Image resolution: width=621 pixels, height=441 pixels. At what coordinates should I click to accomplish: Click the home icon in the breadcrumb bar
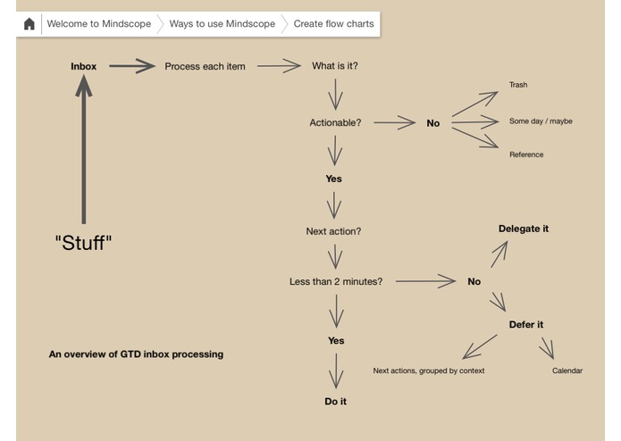click(x=29, y=24)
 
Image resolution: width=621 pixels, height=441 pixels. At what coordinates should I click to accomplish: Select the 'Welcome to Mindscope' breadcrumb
click(x=99, y=24)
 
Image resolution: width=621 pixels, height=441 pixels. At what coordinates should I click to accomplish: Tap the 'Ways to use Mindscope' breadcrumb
click(x=222, y=24)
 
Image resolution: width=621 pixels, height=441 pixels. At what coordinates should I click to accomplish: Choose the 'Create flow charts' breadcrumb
click(x=333, y=24)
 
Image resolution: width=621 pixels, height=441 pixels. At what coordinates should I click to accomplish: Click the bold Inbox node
click(x=84, y=67)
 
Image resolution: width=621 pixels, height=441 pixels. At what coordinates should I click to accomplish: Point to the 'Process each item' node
click(x=205, y=67)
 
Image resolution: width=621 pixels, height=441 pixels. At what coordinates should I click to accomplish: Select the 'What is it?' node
click(x=335, y=67)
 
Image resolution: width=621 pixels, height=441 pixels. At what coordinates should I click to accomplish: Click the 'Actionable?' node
click(x=335, y=123)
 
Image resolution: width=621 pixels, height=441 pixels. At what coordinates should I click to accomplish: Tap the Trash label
click(x=518, y=86)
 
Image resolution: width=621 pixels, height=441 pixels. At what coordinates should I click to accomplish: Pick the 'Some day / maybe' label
click(x=541, y=121)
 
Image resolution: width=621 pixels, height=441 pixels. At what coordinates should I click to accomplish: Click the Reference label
click(x=526, y=155)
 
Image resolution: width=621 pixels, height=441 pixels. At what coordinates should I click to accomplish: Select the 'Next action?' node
click(x=333, y=232)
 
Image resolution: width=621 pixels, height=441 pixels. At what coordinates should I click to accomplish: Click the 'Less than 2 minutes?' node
click(x=336, y=282)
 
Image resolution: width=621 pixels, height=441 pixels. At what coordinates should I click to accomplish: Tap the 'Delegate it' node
click(x=524, y=229)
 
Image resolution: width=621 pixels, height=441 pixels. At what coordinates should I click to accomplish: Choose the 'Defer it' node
click(x=526, y=325)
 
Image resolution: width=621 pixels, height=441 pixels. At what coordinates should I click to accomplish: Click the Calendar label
click(x=567, y=371)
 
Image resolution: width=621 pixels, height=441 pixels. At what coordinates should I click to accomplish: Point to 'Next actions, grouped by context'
click(x=429, y=371)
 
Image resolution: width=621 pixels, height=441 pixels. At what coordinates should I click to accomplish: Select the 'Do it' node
click(x=335, y=402)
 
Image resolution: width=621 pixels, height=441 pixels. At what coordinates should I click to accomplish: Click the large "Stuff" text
click(x=84, y=243)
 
